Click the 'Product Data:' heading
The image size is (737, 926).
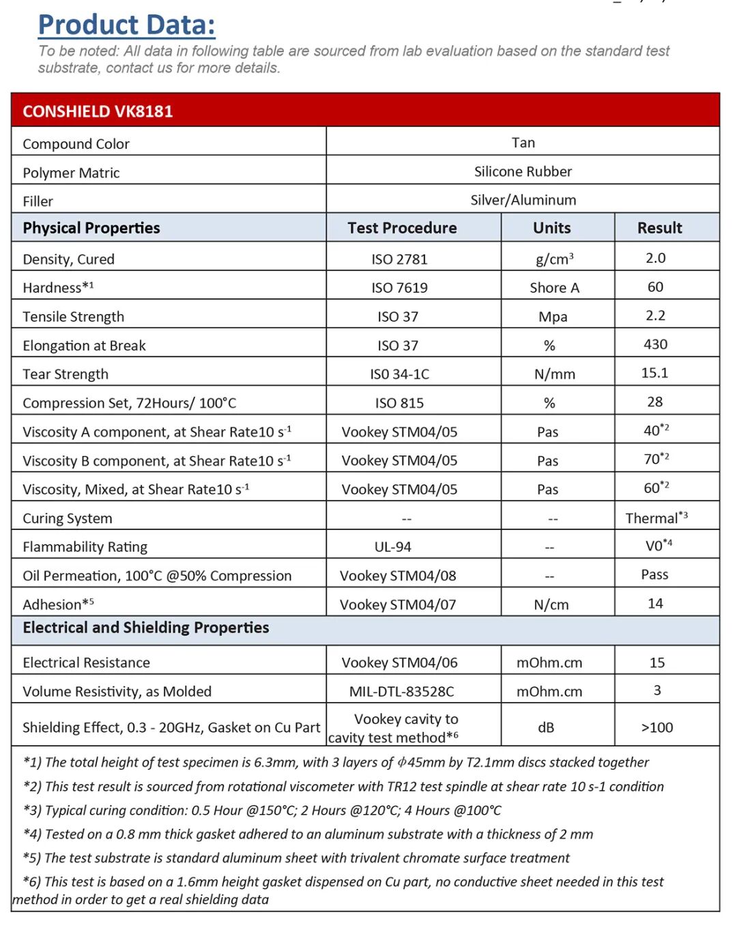127,25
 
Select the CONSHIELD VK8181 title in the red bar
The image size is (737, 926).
98,111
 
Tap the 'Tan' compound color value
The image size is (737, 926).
523,143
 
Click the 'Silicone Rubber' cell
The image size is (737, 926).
523,171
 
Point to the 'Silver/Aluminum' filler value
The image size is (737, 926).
523,200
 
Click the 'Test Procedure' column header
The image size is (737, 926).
402,228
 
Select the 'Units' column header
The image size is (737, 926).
551,228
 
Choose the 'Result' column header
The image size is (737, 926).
659,228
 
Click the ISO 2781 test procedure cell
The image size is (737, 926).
399,259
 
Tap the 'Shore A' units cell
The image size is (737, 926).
554,288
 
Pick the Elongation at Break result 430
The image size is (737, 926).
655,344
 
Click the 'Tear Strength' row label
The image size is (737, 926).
66,374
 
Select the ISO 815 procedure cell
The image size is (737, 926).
399,403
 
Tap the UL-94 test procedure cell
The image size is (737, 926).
392,547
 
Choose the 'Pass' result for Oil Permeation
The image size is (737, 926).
654,575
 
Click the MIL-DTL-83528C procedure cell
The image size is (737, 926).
401,692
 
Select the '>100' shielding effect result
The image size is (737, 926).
656,728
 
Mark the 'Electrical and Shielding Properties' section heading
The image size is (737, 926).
146,628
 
